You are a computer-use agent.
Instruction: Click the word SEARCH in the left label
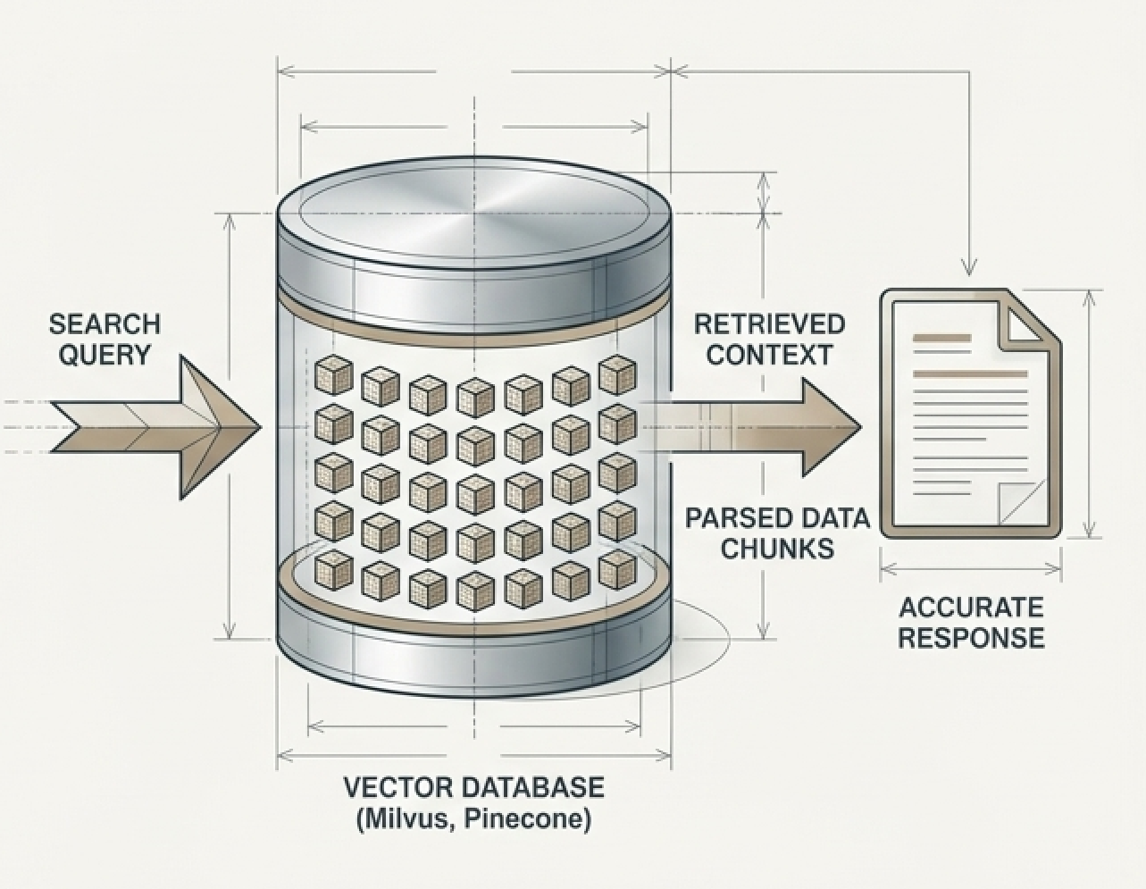(105, 323)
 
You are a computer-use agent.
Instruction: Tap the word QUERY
(105, 355)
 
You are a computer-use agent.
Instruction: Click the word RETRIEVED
(769, 323)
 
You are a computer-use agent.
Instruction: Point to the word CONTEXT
(769, 355)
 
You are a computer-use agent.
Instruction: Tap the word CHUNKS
(777, 549)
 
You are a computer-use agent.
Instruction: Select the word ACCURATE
(971, 608)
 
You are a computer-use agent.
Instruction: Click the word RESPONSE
(971, 638)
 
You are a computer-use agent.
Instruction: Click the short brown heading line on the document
(941, 339)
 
